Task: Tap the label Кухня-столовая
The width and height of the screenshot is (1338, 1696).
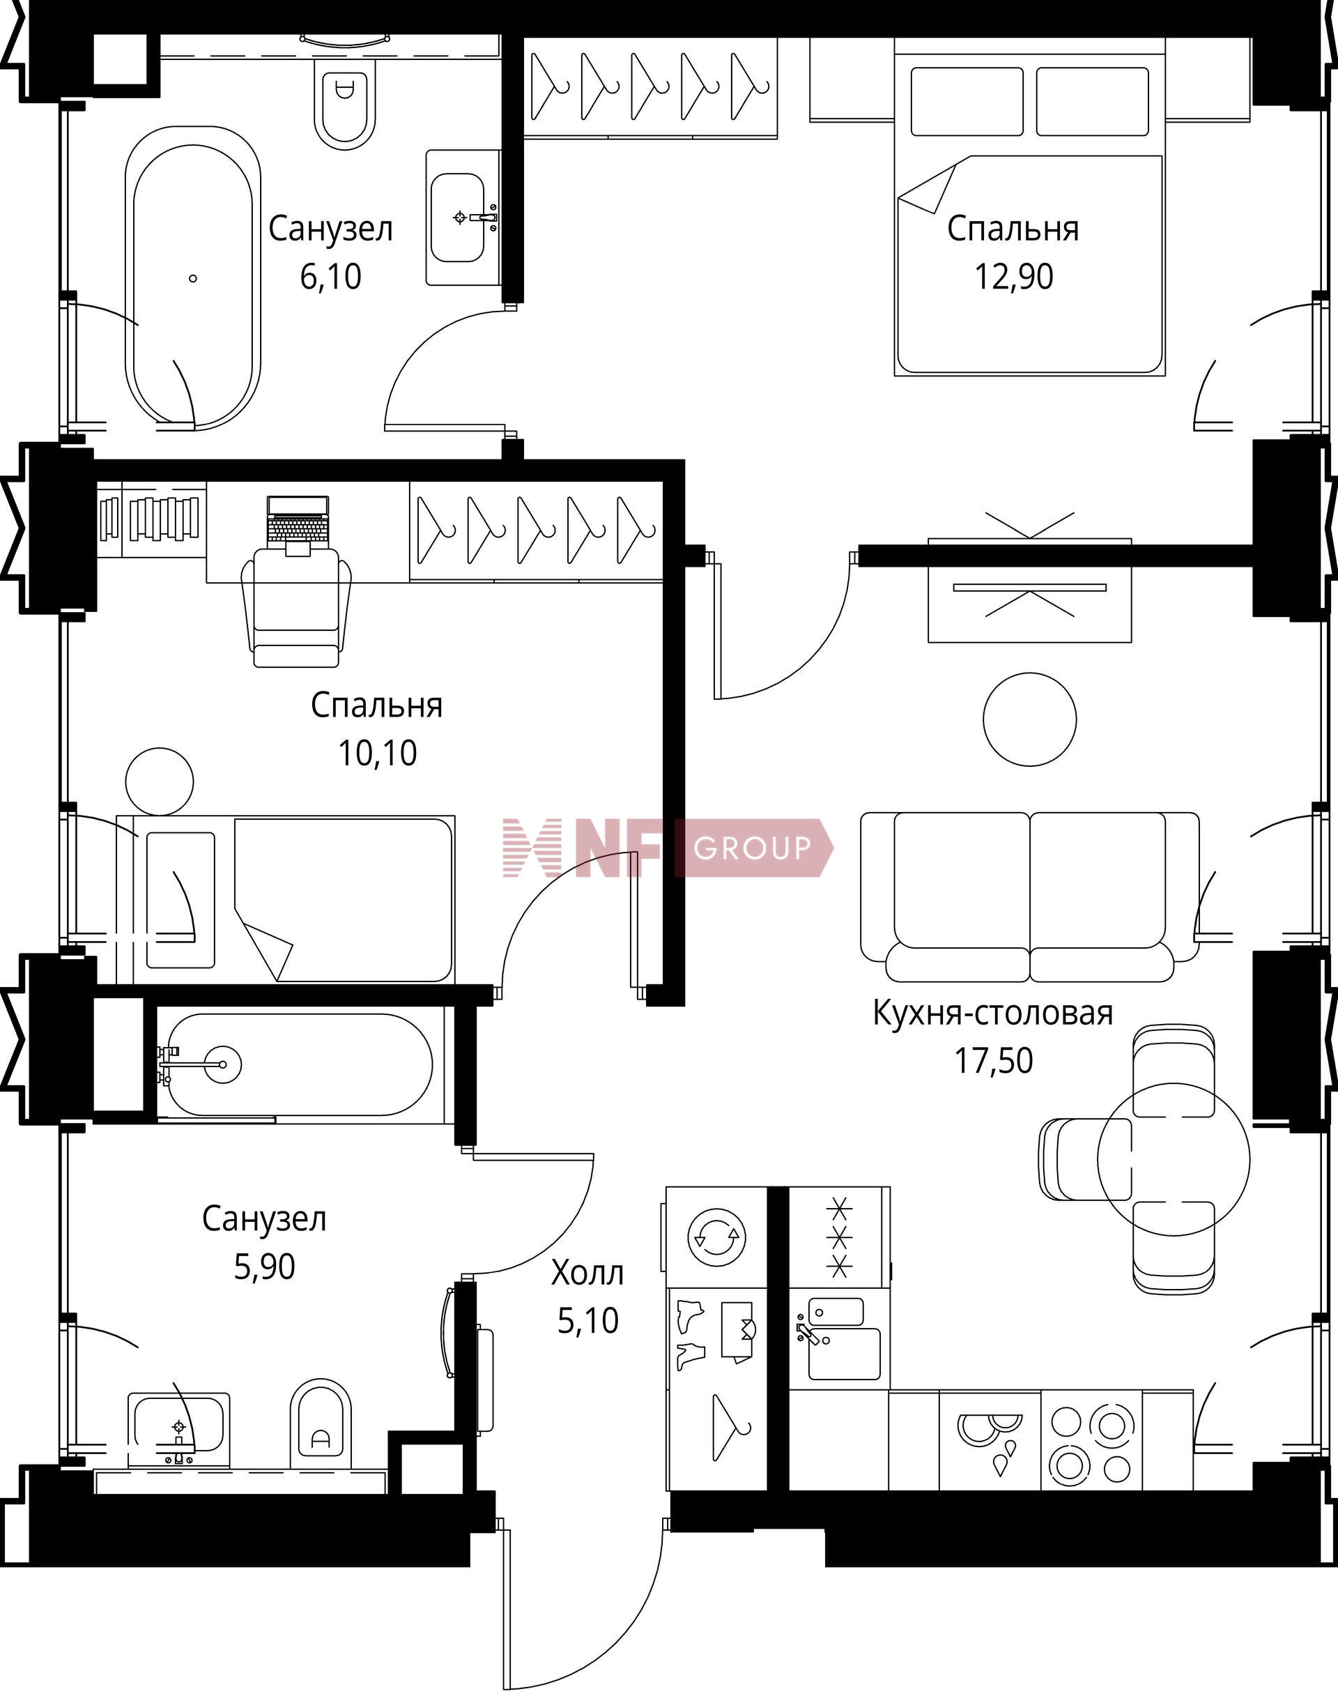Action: click(x=992, y=1013)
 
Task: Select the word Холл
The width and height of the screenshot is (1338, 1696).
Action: click(x=587, y=1273)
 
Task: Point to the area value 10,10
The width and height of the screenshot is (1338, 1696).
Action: click(x=377, y=753)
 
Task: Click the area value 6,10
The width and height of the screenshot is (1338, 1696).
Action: click(x=330, y=277)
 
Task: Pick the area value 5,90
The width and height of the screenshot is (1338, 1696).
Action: click(x=264, y=1267)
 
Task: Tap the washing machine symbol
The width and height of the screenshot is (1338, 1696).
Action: click(x=715, y=1237)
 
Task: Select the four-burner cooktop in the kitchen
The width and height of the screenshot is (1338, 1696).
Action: click(x=1091, y=1440)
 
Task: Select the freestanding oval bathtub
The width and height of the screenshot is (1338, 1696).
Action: click(x=193, y=277)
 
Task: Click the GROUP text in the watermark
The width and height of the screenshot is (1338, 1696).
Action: click(x=752, y=847)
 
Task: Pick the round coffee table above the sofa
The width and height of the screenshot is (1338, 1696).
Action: click(x=1029, y=719)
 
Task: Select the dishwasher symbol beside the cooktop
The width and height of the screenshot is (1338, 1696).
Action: click(x=990, y=1440)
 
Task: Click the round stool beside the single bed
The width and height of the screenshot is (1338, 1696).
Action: click(x=160, y=781)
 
